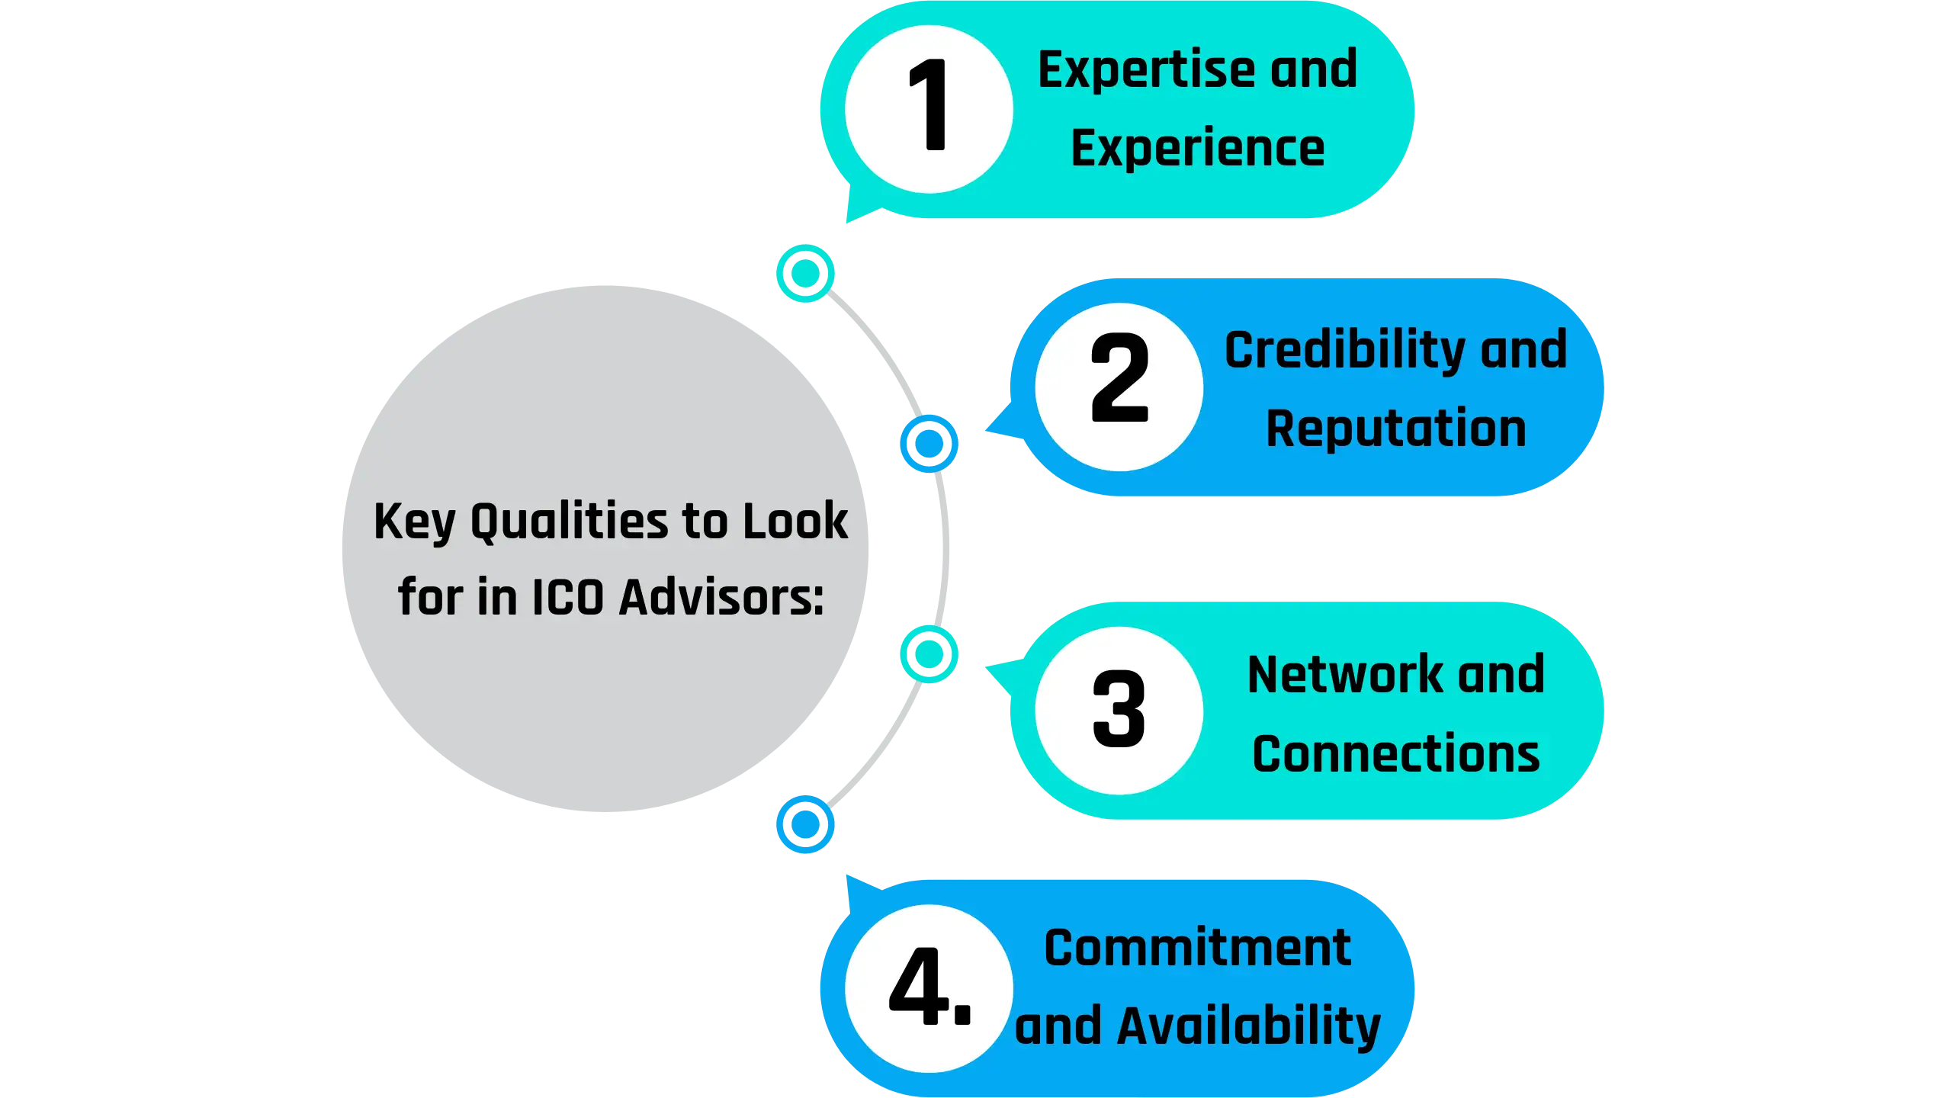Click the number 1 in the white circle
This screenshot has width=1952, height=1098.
[928, 106]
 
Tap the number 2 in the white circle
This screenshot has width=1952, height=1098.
[1119, 378]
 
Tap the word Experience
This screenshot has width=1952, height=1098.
[1197, 148]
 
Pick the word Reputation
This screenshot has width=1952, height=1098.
[1395, 429]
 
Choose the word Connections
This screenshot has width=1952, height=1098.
[1395, 754]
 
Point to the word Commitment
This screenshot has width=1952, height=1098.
[1197, 948]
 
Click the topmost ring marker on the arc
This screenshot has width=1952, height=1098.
[805, 273]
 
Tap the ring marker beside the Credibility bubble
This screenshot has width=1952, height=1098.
[929, 443]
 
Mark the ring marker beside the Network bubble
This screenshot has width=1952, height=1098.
[929, 653]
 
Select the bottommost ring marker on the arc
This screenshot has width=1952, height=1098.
[805, 823]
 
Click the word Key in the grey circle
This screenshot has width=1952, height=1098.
[414, 523]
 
